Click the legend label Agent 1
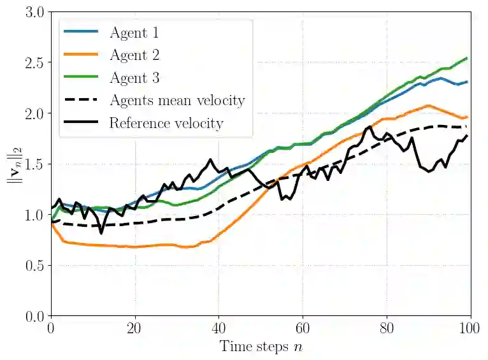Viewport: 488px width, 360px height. (x=134, y=32)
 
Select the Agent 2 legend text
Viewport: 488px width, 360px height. (x=134, y=55)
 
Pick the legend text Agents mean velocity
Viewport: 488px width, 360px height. (x=177, y=100)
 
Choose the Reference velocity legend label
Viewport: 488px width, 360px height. (x=166, y=123)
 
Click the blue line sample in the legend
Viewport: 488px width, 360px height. (x=81, y=32)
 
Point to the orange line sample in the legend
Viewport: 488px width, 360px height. (x=81, y=55)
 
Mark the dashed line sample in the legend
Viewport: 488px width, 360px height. (x=81, y=100)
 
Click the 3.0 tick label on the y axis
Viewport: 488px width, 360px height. (x=31, y=12)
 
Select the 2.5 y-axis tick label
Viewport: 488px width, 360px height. (x=31, y=63)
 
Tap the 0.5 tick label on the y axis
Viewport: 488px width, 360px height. (x=31, y=266)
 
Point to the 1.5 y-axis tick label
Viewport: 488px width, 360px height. (x=31, y=164)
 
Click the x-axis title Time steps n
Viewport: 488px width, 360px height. (x=261, y=347)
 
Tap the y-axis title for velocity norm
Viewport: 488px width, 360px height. (x=12, y=164)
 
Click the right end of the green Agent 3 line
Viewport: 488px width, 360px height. (x=467, y=59)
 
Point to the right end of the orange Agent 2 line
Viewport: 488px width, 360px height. (x=467, y=117)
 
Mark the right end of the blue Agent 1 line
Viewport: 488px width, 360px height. (x=467, y=82)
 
